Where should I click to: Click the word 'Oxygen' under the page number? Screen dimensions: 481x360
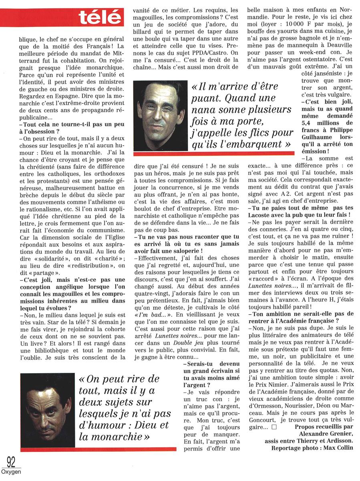click(11, 472)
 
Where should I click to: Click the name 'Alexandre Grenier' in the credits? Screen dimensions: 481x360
click(326, 434)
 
